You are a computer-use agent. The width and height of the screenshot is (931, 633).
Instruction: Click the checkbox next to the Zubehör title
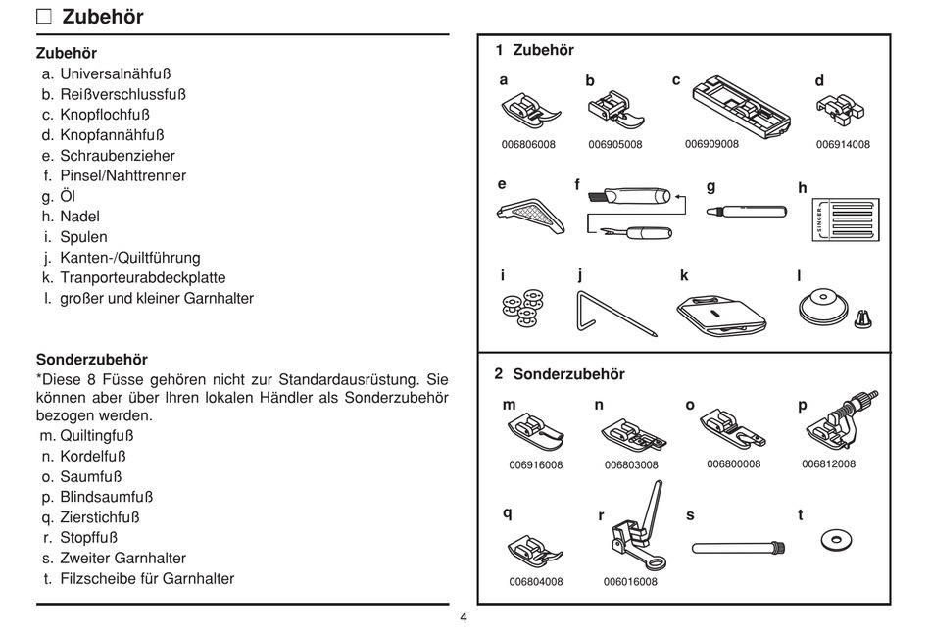point(44,17)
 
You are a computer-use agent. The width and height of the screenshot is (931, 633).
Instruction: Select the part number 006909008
point(711,144)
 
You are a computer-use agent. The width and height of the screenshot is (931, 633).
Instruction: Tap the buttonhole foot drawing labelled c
point(742,108)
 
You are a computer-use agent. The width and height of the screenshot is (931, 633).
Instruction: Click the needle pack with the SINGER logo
point(846,219)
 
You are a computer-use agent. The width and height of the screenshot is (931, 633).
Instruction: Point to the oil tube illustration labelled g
point(747,211)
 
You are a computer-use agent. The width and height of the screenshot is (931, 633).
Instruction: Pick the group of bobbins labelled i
point(522,308)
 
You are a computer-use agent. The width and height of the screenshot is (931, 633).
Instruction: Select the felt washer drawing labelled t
point(836,540)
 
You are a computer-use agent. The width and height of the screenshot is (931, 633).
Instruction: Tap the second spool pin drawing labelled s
point(739,547)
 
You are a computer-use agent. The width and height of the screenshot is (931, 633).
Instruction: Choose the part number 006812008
point(828,463)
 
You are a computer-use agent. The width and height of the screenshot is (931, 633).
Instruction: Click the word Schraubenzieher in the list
point(118,156)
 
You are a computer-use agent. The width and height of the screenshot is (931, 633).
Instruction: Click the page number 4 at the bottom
point(464,617)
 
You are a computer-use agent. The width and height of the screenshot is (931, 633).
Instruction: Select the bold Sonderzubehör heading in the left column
point(91,360)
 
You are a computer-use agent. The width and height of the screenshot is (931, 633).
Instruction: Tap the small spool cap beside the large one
point(863,318)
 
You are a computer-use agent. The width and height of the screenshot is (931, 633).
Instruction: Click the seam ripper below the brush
point(636,231)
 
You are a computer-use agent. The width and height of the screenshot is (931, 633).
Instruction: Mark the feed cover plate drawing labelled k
point(721,316)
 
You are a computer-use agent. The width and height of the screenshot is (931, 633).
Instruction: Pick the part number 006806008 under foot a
point(528,144)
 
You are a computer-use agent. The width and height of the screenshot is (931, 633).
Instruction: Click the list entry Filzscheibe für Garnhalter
point(147,578)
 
